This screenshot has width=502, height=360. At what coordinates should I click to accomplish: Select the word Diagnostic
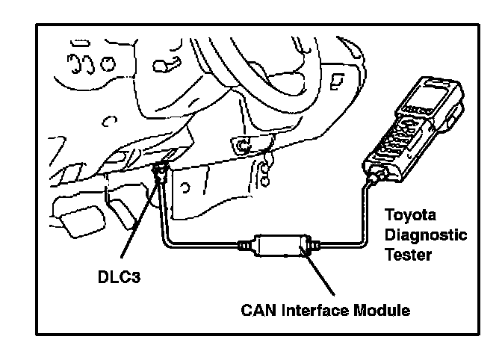pos(425,235)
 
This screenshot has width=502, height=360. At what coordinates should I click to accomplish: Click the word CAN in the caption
pos(256,308)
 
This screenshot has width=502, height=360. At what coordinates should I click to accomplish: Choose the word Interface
pos(318,308)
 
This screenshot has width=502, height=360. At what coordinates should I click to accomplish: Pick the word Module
pos(385,308)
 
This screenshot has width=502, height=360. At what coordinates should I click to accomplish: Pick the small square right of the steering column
pos(338,78)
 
